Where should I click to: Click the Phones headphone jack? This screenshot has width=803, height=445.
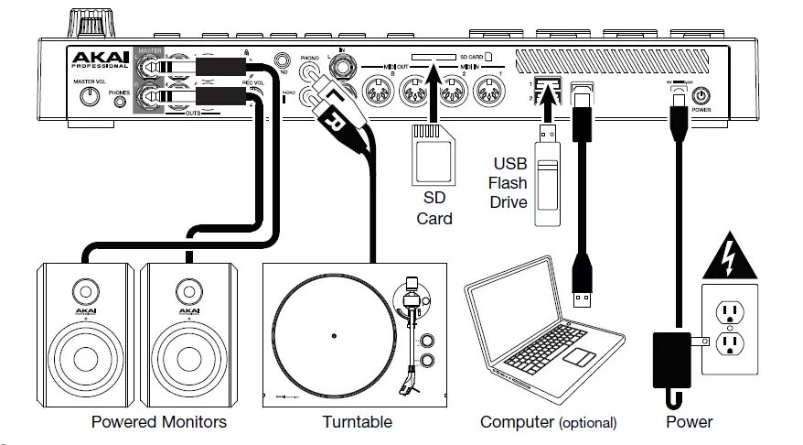coord(120,102)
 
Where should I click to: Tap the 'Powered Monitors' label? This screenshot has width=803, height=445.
coord(159,422)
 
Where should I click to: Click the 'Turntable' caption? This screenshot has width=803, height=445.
coord(357,422)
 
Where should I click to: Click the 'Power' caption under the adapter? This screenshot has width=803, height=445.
coord(691,422)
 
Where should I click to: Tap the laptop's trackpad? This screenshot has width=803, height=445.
coord(578,355)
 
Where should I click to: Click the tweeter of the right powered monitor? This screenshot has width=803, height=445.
coord(189,292)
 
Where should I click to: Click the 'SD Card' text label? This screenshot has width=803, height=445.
coord(434,210)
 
